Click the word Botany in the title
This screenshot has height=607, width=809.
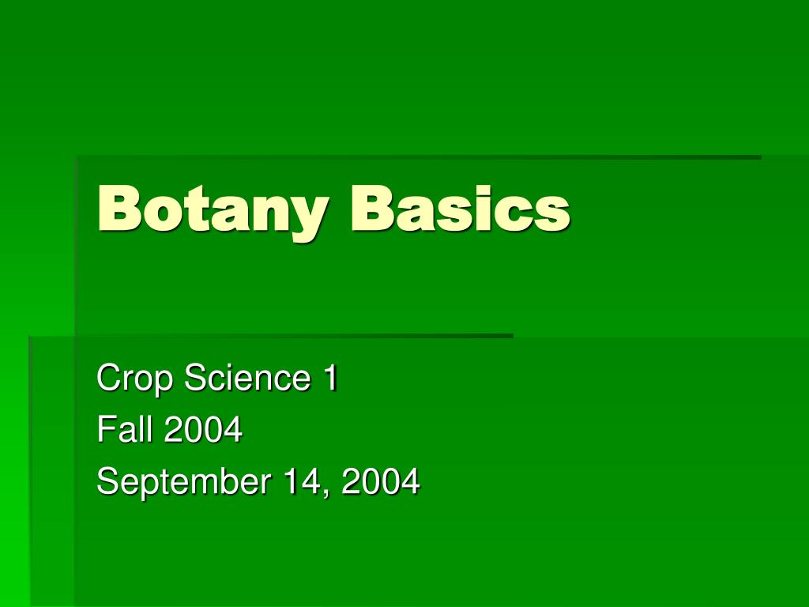coord(209,209)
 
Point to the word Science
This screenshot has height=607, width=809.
coord(247,378)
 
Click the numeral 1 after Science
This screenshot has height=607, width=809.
coord(329,378)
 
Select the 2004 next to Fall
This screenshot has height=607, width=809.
coord(202,430)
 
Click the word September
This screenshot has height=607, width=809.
coord(182,482)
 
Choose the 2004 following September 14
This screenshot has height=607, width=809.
coord(381,481)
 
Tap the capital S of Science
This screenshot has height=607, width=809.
coord(194,378)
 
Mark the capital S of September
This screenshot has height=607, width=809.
coord(107,481)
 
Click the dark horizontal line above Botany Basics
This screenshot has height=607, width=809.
coord(419,157)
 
